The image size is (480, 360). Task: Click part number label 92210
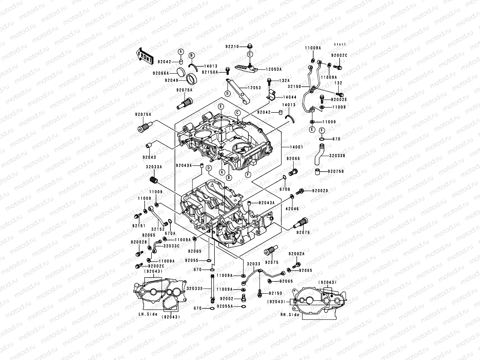pyautogui.click(x=232, y=46)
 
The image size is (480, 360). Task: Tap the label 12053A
pyautogui.click(x=274, y=69)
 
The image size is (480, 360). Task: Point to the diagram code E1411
pyautogui.click(x=340, y=44)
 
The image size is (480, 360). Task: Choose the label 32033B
pyautogui.click(x=337, y=156)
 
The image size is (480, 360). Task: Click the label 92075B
pyautogui.click(x=335, y=172)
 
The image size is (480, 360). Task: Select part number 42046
pyautogui.click(x=292, y=209)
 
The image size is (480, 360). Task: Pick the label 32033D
pyautogui.click(x=195, y=288)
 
